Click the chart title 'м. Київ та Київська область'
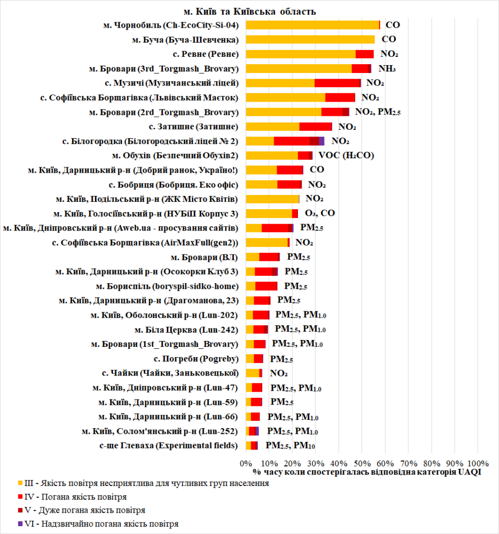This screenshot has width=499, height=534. click(250, 11)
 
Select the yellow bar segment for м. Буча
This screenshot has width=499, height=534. click(310, 39)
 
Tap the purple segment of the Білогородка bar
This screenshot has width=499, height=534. click(321, 141)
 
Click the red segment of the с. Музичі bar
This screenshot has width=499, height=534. click(338, 83)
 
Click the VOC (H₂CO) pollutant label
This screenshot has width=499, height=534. click(346, 155)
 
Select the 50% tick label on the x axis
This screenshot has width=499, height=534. click(361, 463)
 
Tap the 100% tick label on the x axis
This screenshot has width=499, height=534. click(478, 463)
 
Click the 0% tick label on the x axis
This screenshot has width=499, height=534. click(245, 463)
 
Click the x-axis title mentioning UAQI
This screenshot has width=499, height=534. click(367, 471)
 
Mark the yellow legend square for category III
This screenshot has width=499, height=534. click(19, 483)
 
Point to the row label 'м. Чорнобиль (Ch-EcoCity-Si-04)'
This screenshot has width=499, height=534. click(171, 25)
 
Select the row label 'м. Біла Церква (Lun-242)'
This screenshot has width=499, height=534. click(186, 330)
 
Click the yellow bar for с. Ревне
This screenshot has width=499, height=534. click(301, 54)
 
